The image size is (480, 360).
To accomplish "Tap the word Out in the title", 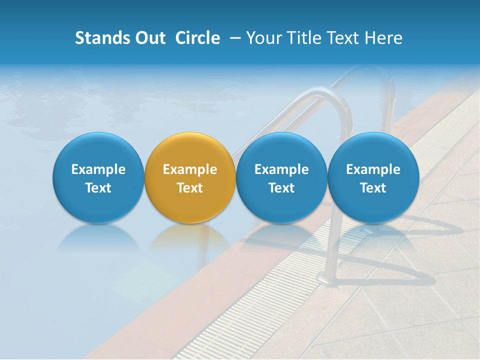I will [149, 38].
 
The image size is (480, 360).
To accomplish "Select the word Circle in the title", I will [197, 38].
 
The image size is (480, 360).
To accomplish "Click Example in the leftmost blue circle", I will [98, 169].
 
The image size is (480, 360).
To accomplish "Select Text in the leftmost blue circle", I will [98, 188].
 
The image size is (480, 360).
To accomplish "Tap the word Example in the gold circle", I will [190, 169].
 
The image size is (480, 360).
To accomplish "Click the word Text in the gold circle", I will [190, 188].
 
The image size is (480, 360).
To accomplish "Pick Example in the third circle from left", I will [281, 169].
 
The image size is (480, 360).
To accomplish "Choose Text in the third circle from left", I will [281, 188].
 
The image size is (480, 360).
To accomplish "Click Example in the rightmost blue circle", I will [373, 169].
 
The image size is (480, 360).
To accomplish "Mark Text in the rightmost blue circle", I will [373, 188].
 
